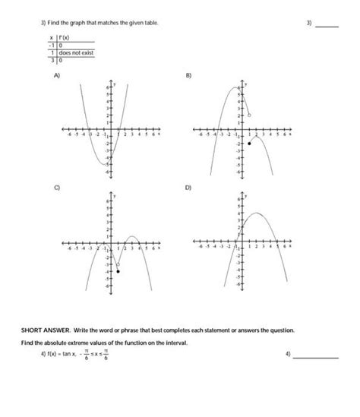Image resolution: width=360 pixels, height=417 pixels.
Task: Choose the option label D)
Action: [x=189, y=188]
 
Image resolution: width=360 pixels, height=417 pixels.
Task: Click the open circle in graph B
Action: [x=249, y=115]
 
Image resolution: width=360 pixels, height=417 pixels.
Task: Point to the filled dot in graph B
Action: [x=249, y=143]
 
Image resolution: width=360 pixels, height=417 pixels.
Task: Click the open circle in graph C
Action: [x=117, y=264]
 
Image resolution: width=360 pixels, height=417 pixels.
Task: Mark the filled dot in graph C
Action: [x=118, y=271]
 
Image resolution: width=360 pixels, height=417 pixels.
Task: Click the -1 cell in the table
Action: [x=50, y=45]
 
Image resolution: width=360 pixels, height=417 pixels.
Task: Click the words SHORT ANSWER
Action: [x=43, y=331]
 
